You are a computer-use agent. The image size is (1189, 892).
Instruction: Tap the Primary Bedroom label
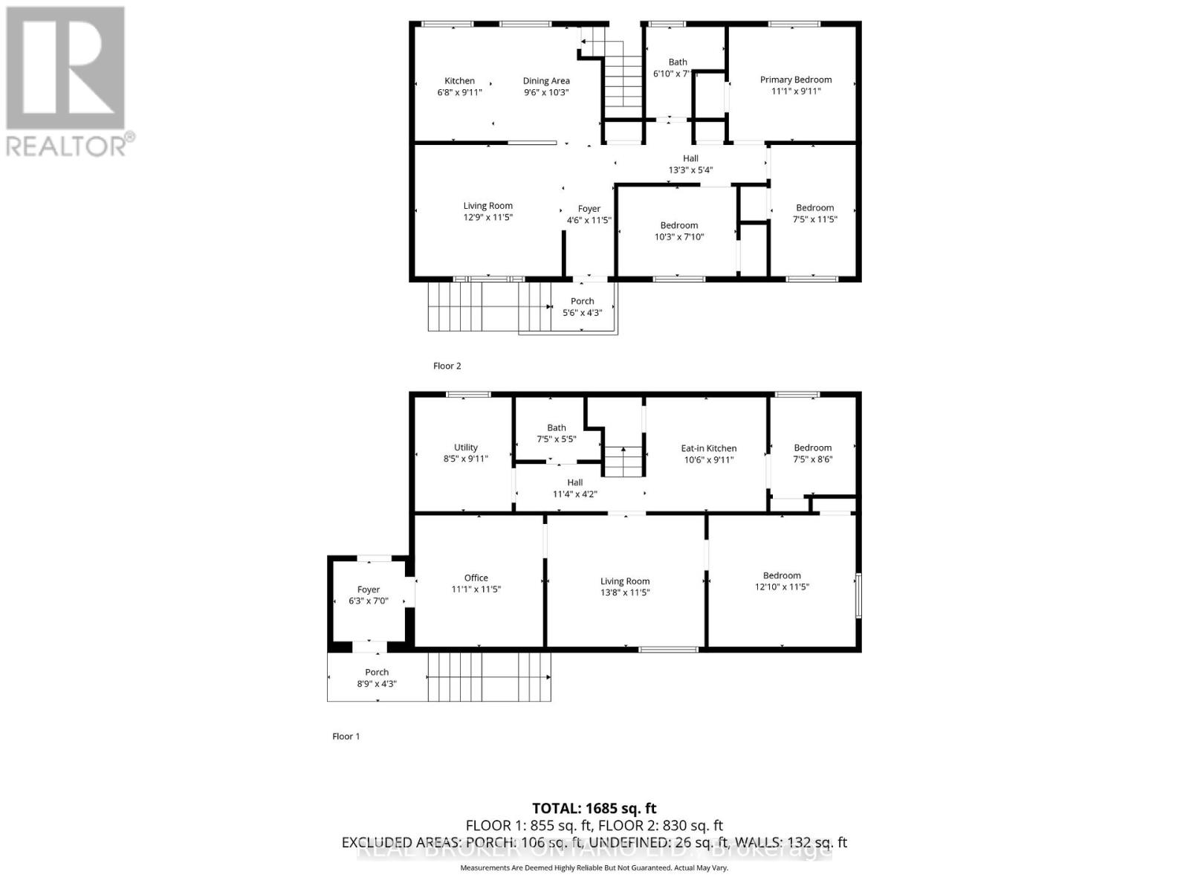click(796, 80)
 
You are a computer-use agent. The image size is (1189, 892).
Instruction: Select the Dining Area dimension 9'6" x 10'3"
click(546, 93)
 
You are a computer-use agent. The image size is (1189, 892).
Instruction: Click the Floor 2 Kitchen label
click(459, 81)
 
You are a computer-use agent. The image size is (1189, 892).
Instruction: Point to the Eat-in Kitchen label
click(709, 448)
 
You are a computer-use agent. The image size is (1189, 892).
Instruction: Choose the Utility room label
click(466, 447)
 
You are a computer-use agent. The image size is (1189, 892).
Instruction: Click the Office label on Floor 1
click(476, 578)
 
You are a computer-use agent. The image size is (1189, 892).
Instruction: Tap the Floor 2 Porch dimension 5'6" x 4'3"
click(583, 313)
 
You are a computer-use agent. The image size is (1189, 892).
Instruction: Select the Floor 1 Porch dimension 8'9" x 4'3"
click(377, 684)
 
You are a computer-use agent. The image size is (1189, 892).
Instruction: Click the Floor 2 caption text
click(447, 366)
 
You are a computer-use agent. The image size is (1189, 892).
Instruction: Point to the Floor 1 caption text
click(346, 737)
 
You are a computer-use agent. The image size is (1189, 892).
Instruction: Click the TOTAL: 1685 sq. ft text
click(594, 808)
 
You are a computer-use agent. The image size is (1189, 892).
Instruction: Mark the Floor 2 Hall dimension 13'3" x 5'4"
click(691, 170)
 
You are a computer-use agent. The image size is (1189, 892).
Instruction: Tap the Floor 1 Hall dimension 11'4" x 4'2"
click(575, 494)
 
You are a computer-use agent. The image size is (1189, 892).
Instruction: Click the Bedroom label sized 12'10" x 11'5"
click(782, 575)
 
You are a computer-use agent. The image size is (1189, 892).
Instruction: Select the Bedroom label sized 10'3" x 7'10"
click(679, 225)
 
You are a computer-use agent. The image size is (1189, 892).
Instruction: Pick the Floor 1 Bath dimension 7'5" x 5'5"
click(557, 439)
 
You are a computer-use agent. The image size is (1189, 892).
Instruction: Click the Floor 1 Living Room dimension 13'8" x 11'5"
click(625, 593)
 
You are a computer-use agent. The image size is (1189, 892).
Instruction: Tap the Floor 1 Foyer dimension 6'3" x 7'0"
click(369, 601)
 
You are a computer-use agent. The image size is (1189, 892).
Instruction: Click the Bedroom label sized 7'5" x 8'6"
click(813, 447)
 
